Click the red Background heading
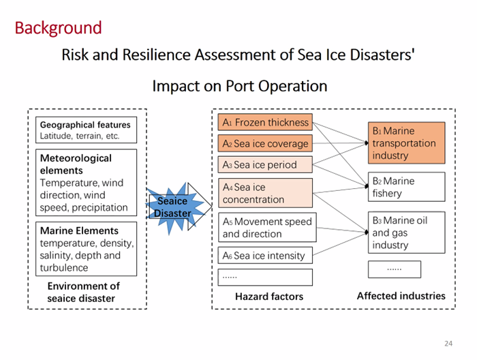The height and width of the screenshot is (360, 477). click(x=58, y=29)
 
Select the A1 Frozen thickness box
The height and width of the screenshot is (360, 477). click(x=265, y=122)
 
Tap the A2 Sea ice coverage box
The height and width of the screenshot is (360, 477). click(x=265, y=143)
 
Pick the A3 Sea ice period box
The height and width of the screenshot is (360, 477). click(x=265, y=164)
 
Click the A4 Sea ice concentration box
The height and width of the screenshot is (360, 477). click(x=265, y=193)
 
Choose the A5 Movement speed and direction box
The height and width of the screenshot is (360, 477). click(x=267, y=227)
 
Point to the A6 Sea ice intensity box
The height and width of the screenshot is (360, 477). click(x=265, y=255)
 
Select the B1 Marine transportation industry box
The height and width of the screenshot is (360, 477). click(x=406, y=143)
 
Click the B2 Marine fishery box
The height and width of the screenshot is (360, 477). click(x=406, y=187)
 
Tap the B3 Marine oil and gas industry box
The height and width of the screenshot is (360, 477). click(x=406, y=232)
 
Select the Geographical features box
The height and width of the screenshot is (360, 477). click(x=86, y=130)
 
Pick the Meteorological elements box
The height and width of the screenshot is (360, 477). click(x=86, y=183)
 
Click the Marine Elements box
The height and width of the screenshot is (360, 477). click(x=86, y=249)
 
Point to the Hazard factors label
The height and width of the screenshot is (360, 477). click(x=269, y=297)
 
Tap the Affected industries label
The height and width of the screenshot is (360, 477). click(x=401, y=296)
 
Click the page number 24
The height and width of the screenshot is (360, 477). click(x=448, y=344)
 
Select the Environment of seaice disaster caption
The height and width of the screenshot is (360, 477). click(x=83, y=292)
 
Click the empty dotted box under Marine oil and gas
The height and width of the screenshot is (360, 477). click(x=395, y=269)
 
